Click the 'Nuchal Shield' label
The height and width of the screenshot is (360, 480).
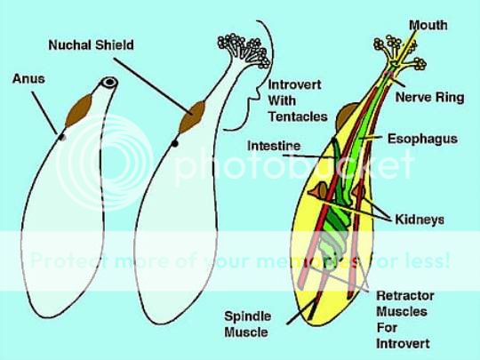pos(91,45)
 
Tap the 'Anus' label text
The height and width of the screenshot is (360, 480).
pos(28,79)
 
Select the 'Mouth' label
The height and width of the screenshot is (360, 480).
pos(428,25)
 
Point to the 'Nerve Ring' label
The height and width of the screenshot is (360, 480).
pos(430,98)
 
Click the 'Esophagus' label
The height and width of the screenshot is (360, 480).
pos(422,139)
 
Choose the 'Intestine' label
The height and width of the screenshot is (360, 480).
pos(274,146)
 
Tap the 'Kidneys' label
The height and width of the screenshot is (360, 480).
pos(420,220)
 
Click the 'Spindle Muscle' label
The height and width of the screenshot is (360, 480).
pos(248,324)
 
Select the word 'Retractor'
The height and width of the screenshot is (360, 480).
pos(405,296)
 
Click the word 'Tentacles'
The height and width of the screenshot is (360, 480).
pos(298,116)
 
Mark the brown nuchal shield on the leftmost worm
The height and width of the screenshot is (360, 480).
pos(79,110)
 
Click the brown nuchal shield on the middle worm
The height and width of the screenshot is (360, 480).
pos(192,117)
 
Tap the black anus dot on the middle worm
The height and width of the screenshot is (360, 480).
pos(175,143)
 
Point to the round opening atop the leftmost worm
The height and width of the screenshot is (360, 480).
pos(109,82)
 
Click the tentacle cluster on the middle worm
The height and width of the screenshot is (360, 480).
pos(244,49)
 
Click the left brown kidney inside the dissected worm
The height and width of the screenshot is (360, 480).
pos(319,191)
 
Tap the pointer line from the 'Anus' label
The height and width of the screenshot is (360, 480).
pos(44,113)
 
